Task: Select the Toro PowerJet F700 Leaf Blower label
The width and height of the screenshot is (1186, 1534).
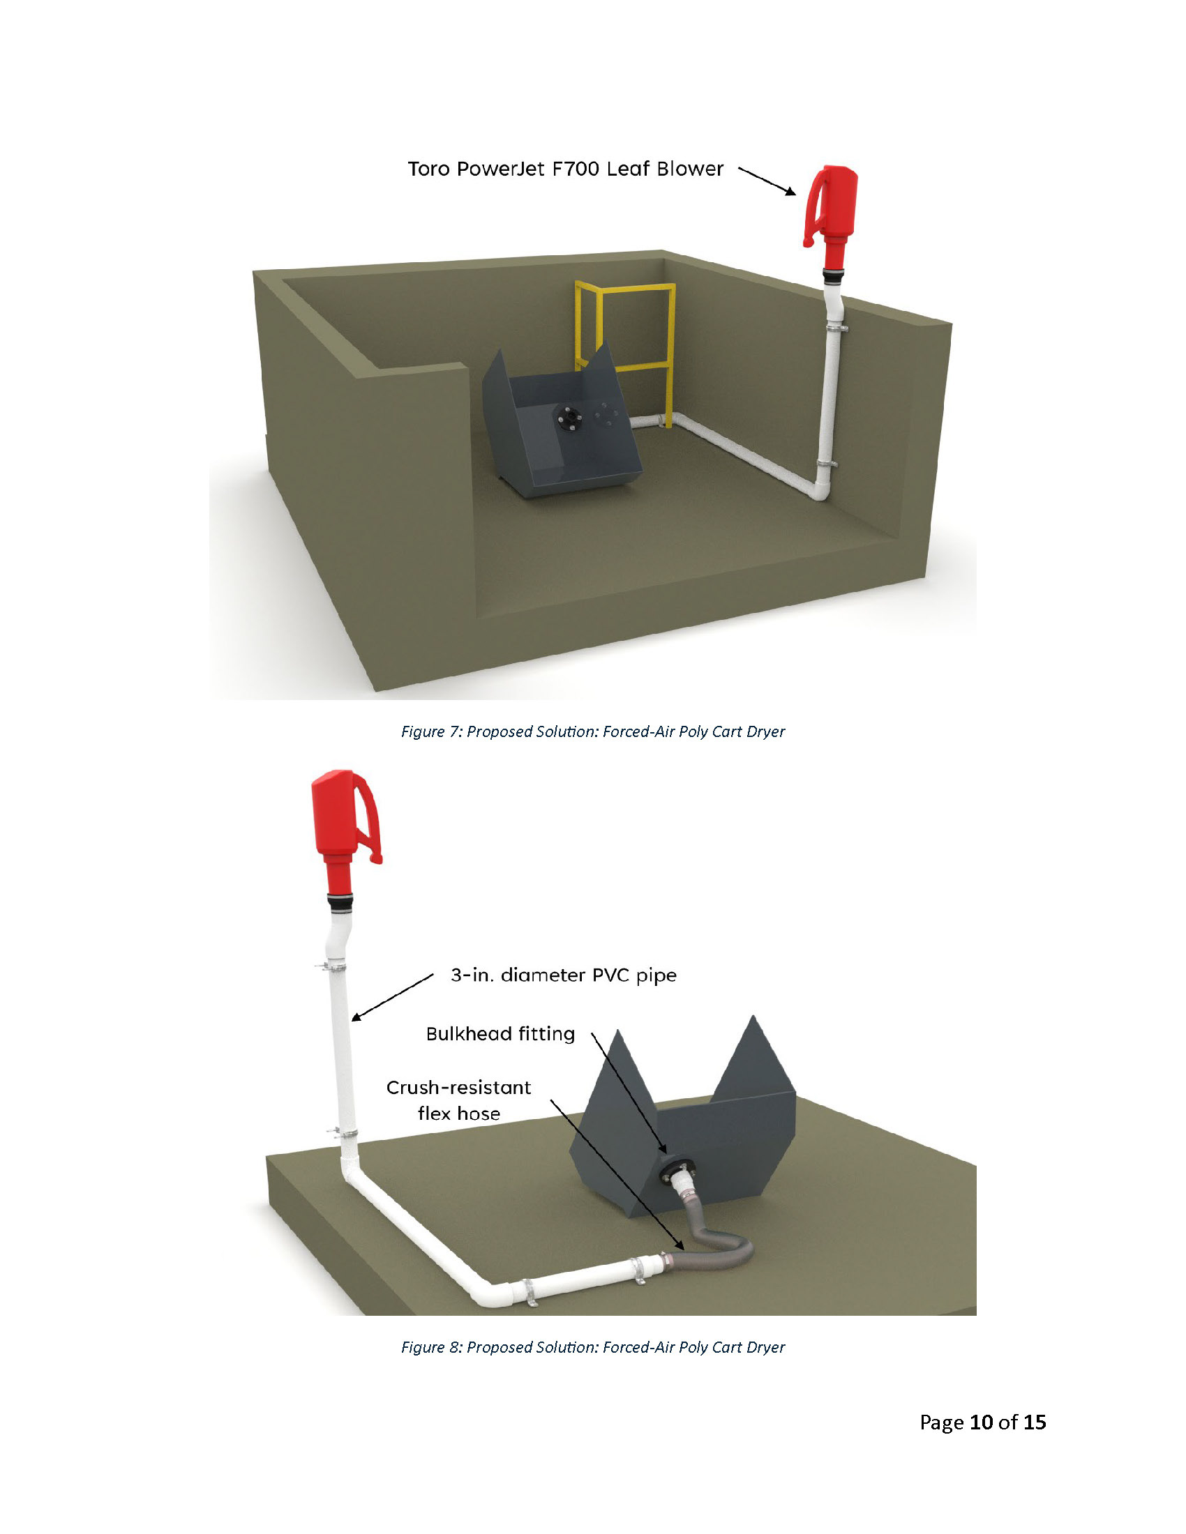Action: click(x=565, y=169)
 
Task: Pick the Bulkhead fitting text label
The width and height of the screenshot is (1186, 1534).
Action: click(x=500, y=1034)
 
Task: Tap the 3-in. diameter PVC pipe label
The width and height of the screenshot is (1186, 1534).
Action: click(x=564, y=975)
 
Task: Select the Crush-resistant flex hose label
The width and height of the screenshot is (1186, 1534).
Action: click(x=459, y=1100)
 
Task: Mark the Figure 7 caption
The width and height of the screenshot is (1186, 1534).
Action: click(x=592, y=731)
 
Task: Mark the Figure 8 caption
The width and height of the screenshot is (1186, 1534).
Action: click(x=592, y=1347)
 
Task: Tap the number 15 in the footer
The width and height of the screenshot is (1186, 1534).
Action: click(x=1034, y=1422)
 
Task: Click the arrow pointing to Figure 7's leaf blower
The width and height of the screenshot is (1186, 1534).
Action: click(x=767, y=181)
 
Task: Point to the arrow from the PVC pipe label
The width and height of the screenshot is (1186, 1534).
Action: click(x=392, y=996)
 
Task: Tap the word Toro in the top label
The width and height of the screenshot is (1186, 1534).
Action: click(x=429, y=169)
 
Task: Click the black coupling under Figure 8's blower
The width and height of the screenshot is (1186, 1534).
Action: click(x=339, y=902)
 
